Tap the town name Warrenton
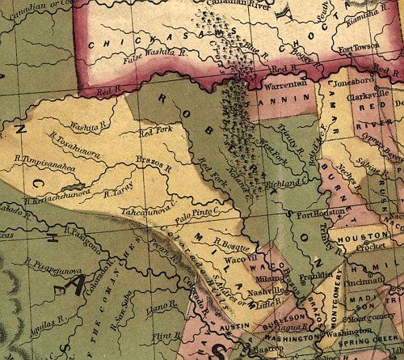coord(282,84)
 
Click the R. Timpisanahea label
coord(56,160)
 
